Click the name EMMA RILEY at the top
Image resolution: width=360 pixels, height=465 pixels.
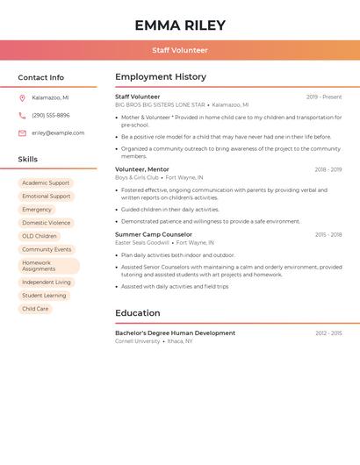tap(180, 25)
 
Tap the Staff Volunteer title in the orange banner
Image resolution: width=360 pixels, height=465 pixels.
tap(180, 51)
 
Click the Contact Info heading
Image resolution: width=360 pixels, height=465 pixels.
tap(41, 77)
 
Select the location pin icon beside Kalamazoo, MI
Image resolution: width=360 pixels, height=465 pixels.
tap(22, 97)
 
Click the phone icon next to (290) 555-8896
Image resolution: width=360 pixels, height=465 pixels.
tap(22, 115)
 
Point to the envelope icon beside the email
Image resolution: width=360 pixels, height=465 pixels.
tap(22, 133)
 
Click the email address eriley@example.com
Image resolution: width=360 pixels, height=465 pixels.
tap(58, 133)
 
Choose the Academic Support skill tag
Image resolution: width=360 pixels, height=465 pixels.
tap(46, 182)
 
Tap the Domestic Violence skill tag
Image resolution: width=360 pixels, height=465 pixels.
tap(47, 223)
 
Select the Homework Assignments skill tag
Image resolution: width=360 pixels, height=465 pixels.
tap(47, 266)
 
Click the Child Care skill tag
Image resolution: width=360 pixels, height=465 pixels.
tap(35, 309)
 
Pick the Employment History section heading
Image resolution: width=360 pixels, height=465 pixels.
tap(161, 77)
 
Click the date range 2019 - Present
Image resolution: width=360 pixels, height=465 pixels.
tap(324, 97)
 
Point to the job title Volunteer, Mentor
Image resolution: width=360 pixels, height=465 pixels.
tap(142, 169)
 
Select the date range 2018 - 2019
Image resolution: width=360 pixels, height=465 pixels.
tap(328, 169)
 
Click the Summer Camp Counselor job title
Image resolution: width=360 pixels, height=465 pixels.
tap(154, 234)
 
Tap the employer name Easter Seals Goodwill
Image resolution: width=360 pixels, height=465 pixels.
tap(142, 242)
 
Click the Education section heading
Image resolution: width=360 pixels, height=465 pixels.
tap(138, 313)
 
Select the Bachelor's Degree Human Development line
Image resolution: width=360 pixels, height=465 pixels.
tap(175, 333)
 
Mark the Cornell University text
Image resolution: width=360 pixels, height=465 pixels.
tap(138, 341)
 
